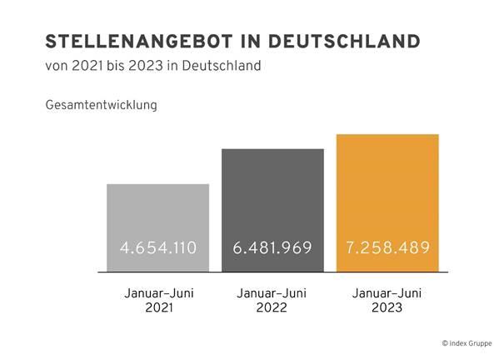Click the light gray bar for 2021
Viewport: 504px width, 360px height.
tap(157, 227)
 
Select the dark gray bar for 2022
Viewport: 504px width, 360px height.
tap(272, 210)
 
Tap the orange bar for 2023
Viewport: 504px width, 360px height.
tap(387, 203)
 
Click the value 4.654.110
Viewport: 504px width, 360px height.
tap(158, 247)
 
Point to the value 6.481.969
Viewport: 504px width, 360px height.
tap(272, 247)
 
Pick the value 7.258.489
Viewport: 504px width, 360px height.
tap(388, 247)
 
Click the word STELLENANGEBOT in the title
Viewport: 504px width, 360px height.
tap(139, 42)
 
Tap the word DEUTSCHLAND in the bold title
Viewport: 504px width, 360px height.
tap(344, 42)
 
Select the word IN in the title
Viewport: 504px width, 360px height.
tap(251, 42)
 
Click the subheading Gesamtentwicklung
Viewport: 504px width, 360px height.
tap(102, 105)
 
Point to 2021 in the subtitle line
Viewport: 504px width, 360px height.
tap(87, 66)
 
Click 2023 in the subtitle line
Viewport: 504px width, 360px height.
tap(146, 66)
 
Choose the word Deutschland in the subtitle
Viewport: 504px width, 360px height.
tap(221, 66)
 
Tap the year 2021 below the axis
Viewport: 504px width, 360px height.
tap(159, 307)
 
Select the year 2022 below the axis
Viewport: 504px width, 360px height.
tap(272, 307)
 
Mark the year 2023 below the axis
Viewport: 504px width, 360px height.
tap(387, 307)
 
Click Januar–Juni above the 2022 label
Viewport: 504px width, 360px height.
tap(272, 293)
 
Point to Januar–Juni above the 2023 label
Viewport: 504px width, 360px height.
tap(387, 293)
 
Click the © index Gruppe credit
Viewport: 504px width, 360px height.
tap(467, 343)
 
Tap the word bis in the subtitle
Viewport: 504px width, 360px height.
tap(116, 66)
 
